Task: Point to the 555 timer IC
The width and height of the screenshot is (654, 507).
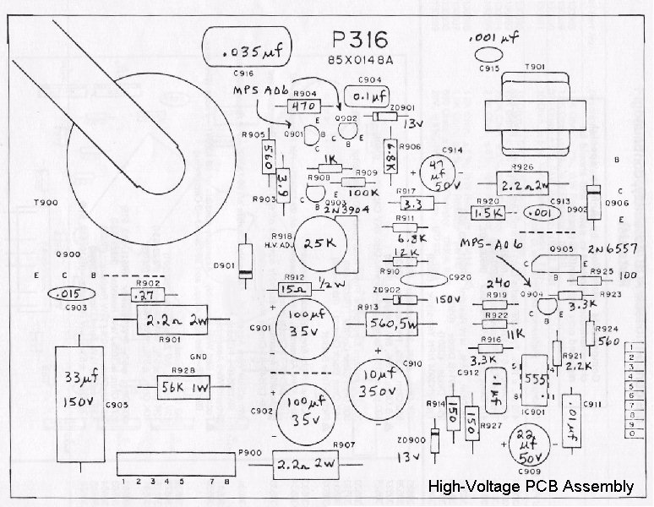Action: pos(531,380)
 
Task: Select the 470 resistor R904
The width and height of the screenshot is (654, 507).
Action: pos(302,107)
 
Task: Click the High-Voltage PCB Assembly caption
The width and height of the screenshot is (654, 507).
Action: pos(531,486)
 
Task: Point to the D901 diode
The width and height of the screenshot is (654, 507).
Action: pos(245,260)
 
